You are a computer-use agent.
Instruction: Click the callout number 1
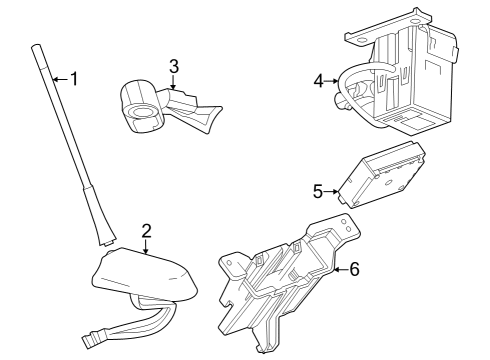(x=72, y=78)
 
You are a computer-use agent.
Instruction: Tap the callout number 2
(x=147, y=231)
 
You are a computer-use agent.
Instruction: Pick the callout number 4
(x=318, y=81)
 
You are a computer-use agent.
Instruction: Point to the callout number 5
(x=318, y=189)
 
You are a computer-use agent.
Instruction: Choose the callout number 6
(x=356, y=268)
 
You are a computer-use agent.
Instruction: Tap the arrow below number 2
(x=147, y=246)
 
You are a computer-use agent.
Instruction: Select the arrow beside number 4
(x=333, y=81)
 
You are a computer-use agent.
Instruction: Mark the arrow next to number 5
(x=333, y=190)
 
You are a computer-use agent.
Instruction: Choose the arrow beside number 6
(x=340, y=268)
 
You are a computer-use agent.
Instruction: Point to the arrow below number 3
(x=174, y=83)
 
